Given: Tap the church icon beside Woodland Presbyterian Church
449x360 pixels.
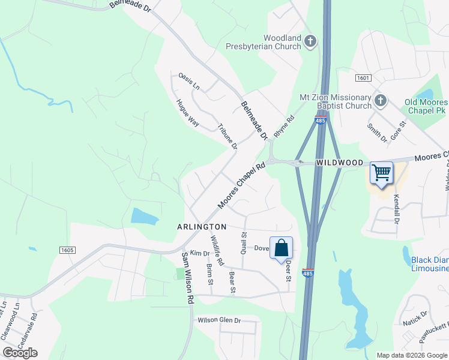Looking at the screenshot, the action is pyautogui.click(x=310, y=41).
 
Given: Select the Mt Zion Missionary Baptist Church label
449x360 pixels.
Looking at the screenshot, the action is pyautogui.click(x=336, y=102).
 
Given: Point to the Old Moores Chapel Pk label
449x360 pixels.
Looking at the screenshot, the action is pyautogui.click(x=426, y=107).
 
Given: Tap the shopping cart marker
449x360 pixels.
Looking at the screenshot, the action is pyautogui.click(x=381, y=173).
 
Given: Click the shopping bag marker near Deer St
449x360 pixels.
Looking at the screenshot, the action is pyautogui.click(x=281, y=248).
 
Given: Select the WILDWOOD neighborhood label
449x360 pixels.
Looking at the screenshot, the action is pyautogui.click(x=340, y=163).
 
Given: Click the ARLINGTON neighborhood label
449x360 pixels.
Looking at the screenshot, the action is pyautogui.click(x=202, y=227).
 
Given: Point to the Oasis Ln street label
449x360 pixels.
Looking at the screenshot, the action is pyautogui.click(x=188, y=82).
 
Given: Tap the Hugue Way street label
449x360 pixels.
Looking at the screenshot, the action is pyautogui.click(x=187, y=112).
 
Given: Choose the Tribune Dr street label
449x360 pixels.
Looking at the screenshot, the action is pyautogui.click(x=228, y=137).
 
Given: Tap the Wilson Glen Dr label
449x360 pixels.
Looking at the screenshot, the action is pyautogui.click(x=219, y=320).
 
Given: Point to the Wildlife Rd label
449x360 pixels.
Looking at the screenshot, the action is pyautogui.click(x=217, y=251).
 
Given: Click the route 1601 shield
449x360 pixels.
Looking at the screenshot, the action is pyautogui.click(x=363, y=78).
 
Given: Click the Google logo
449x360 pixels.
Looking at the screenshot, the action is pyautogui.click(x=20, y=353).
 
